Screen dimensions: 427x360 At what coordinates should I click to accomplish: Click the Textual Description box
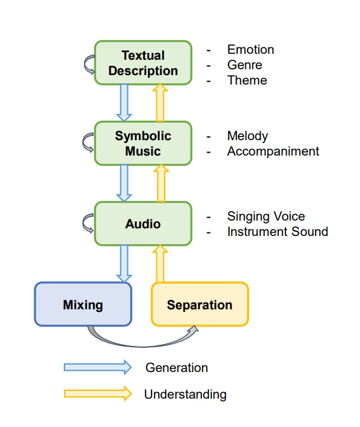(143, 63)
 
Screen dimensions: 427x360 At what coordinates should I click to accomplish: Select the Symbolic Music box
(143, 143)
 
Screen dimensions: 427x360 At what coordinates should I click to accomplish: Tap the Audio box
(143, 224)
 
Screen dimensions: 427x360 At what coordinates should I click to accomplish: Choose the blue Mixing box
(82, 305)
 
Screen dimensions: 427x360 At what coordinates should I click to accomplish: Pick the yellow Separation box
(200, 305)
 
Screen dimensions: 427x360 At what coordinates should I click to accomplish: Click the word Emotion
(250, 50)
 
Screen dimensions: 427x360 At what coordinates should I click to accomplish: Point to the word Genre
(245, 65)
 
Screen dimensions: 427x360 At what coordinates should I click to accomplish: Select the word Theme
(247, 80)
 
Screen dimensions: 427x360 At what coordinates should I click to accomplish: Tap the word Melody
(247, 136)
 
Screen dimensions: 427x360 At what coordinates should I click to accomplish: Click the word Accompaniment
(273, 151)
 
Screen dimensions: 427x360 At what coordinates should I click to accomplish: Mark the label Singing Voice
(266, 216)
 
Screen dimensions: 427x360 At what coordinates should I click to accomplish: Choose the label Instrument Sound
(277, 232)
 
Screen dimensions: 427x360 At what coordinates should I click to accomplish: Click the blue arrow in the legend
(98, 367)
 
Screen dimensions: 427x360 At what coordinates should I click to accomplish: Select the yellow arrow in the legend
(98, 393)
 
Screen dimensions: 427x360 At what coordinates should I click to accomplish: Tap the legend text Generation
(176, 368)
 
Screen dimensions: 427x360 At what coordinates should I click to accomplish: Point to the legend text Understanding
(185, 394)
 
